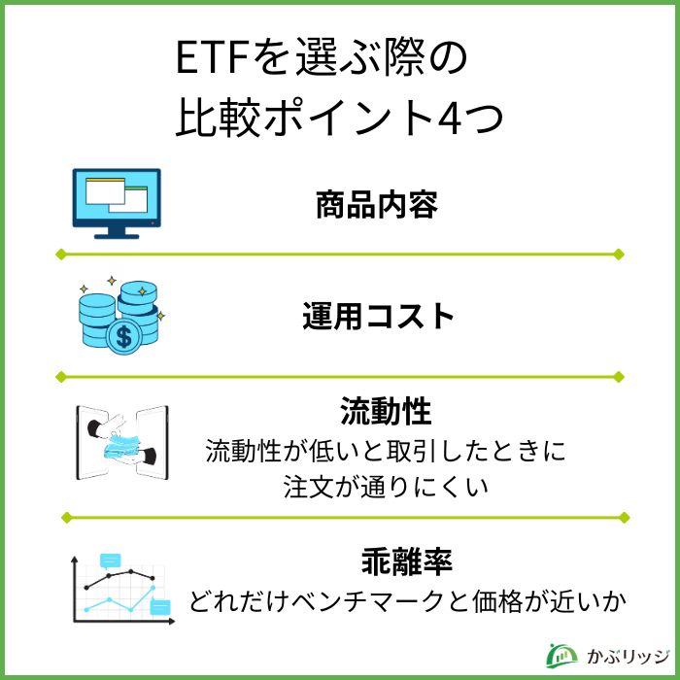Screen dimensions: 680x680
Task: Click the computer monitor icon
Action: tap(117, 203)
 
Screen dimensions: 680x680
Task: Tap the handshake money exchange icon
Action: tap(121, 442)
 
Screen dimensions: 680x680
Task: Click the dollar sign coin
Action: tap(123, 338)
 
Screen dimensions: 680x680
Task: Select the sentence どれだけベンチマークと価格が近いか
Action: tap(405, 602)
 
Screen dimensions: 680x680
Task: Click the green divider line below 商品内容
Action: tap(340, 255)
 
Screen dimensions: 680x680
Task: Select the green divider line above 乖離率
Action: tap(340, 517)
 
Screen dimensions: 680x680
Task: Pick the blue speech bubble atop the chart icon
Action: tap(110, 561)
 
